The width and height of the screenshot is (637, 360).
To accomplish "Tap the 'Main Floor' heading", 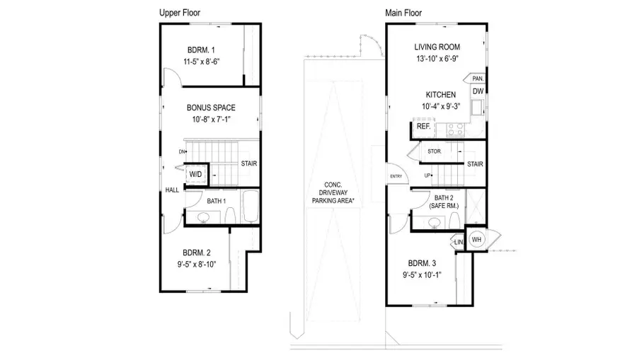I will (404, 13).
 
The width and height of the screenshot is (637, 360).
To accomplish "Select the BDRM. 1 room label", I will (202, 50).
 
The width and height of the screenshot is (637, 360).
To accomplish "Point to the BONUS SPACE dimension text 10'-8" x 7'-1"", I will (211, 120).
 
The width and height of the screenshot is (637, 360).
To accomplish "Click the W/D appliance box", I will (195, 174).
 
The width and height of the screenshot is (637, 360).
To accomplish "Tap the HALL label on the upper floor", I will (171, 190).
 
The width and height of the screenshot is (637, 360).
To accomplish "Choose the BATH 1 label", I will (216, 202).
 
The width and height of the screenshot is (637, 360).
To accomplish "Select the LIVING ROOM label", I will (437, 47).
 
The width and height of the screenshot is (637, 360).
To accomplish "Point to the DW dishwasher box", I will (478, 91).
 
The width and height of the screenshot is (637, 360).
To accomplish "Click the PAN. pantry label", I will (478, 79).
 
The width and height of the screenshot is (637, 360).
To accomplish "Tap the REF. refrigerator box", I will (423, 127).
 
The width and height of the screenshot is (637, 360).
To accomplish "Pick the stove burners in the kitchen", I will (453, 129).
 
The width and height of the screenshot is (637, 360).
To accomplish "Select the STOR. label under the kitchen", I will (435, 151).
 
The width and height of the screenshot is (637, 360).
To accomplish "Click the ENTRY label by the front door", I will (395, 176).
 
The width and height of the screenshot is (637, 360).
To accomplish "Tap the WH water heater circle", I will (477, 238).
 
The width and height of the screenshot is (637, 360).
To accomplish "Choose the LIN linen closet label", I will (459, 242).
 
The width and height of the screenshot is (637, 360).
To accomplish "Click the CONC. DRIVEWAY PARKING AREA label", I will (333, 189).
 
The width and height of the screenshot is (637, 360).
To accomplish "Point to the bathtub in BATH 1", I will (251, 207).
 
